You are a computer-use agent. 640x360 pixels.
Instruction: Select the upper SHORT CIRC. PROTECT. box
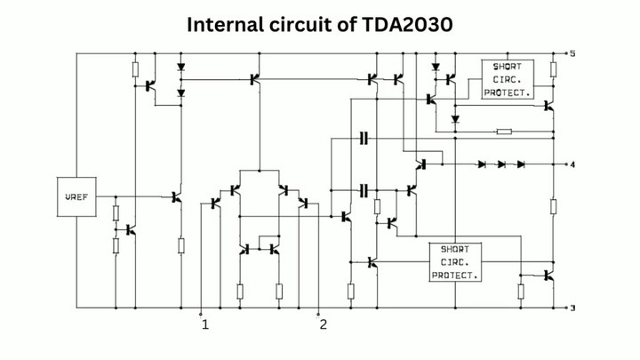tap(508, 79)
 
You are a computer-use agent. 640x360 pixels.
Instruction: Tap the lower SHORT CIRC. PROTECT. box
tap(454, 262)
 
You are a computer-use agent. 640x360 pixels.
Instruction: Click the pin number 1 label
tap(205, 324)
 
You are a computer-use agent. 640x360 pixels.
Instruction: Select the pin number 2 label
tap(324, 324)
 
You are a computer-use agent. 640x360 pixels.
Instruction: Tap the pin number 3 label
tap(573, 308)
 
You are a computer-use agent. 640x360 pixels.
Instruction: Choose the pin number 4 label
tap(573, 164)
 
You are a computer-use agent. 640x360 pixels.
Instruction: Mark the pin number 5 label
tap(573, 54)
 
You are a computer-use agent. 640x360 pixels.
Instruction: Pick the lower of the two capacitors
tap(364, 190)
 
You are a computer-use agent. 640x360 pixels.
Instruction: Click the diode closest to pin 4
tap(521, 164)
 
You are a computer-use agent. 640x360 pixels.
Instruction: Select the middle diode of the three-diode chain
tap(501, 164)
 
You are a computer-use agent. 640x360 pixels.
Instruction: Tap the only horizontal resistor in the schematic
tap(504, 132)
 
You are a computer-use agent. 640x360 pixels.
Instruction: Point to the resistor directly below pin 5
tap(553, 70)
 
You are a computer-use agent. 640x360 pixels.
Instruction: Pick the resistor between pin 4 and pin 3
tap(553, 207)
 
